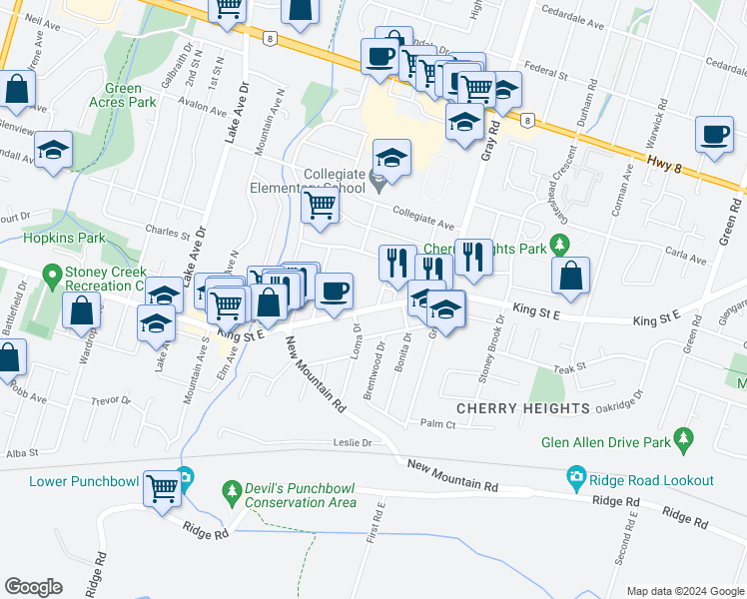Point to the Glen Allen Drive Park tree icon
pyautogui.click(x=684, y=437)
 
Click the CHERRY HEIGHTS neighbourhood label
pyautogui.click(x=523, y=408)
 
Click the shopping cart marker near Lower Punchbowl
pyautogui.click(x=162, y=489)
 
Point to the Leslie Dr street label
pyautogui.click(x=352, y=442)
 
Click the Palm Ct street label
pyautogui.click(x=437, y=424)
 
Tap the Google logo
pyautogui.click(x=33, y=587)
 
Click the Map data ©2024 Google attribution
pyautogui.click(x=683, y=591)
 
